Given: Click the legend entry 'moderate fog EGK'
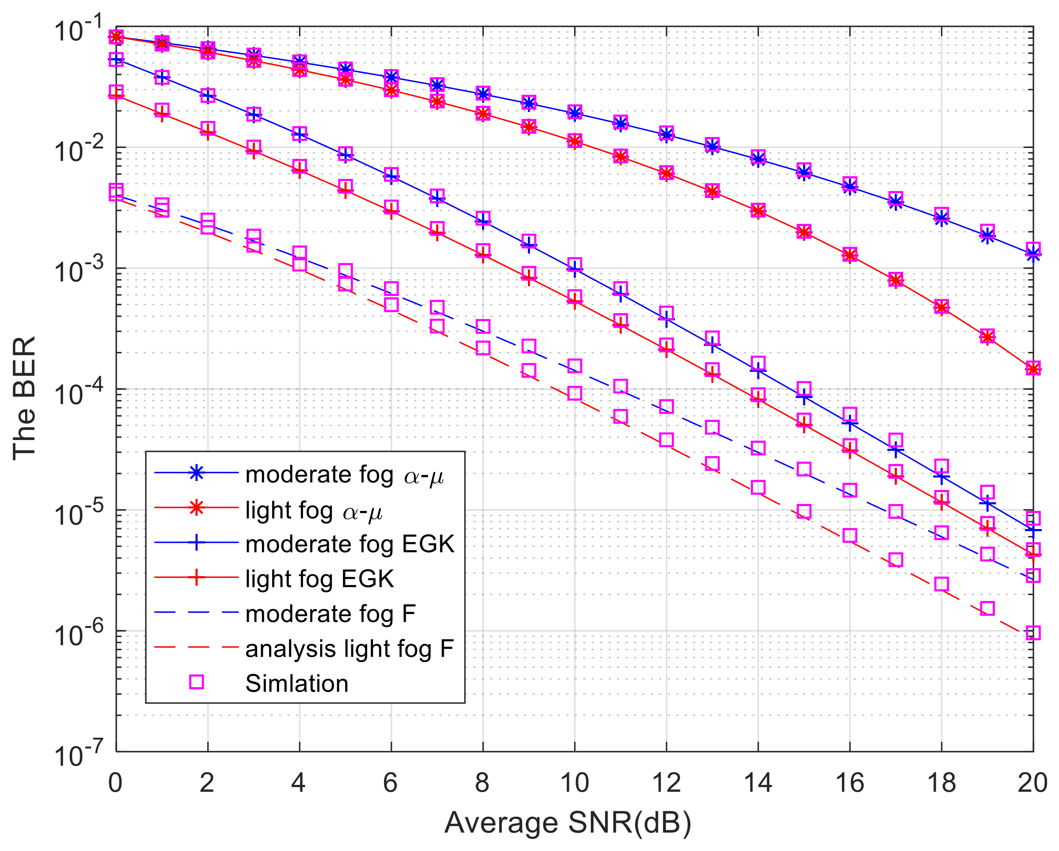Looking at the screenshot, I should coord(350,544).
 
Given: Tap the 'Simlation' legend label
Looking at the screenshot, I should coord(297,684).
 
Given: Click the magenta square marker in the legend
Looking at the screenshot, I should coord(196,682).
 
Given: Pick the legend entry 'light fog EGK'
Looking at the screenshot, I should coord(319,579).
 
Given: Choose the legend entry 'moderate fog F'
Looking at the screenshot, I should coord(330,614).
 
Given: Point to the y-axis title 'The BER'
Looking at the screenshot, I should coord(25,398).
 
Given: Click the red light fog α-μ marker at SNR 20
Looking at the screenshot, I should coord(1033,369).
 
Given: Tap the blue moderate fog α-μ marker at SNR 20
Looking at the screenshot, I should coord(1033,254).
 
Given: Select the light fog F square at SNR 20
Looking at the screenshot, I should coord(1033,633).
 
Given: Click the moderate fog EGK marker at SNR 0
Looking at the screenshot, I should coord(116,60).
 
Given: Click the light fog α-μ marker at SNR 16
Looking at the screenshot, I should coord(850,255).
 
